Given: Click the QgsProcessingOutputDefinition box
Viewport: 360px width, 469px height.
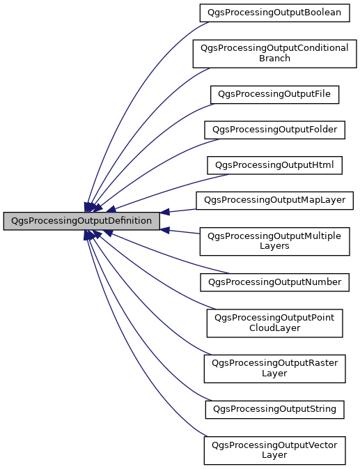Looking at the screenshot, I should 81,221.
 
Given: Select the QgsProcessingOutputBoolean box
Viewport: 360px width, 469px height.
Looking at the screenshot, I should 274,13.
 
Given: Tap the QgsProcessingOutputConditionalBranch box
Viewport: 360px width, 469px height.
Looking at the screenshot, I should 274,53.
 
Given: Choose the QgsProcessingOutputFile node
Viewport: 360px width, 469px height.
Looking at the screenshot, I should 274,93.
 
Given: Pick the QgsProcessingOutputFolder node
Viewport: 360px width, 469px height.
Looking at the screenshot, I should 274,129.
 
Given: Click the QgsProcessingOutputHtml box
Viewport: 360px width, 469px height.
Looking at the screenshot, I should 274,165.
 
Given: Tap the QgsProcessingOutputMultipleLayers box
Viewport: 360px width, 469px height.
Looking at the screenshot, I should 274,241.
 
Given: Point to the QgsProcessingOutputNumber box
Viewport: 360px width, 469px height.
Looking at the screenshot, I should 274,282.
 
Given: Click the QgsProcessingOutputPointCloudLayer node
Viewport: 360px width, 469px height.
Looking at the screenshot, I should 274,322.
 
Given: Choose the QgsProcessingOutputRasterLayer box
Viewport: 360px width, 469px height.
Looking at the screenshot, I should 274,368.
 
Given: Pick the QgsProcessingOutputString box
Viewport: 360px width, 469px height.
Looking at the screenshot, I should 274,408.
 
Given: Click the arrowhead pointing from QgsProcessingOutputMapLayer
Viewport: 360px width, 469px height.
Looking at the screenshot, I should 166,212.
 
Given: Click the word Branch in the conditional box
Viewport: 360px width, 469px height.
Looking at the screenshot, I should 274,59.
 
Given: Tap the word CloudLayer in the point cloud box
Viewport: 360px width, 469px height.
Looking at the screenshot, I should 274,328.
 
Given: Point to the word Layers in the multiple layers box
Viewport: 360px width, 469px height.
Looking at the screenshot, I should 274,247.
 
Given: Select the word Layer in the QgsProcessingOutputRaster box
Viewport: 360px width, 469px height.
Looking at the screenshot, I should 274,374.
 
